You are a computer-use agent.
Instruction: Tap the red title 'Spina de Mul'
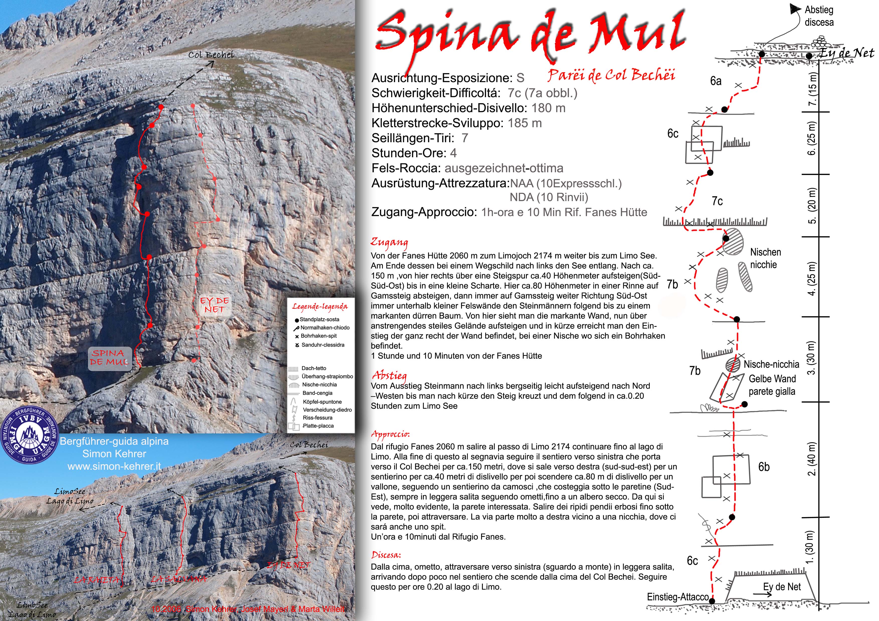(530, 36)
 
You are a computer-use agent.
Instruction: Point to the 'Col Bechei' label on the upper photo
(210, 55)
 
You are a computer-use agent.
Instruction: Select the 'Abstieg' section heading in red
(389, 375)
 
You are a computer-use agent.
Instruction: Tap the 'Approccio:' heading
(390, 434)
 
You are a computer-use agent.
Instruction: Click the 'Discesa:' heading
(386, 555)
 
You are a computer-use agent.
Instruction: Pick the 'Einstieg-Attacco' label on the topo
(678, 597)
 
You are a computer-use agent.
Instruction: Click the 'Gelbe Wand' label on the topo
(772, 379)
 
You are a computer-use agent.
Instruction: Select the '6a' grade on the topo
(716, 81)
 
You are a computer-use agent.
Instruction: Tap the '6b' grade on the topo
(764, 467)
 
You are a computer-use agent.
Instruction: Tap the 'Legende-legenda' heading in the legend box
(320, 306)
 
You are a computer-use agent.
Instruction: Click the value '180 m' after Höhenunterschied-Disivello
(548, 108)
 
